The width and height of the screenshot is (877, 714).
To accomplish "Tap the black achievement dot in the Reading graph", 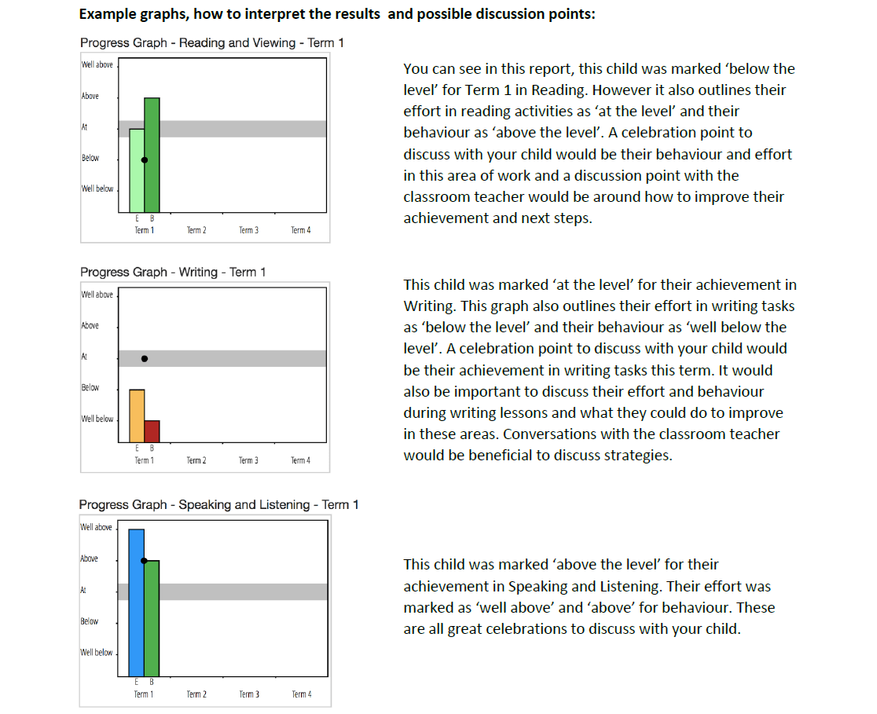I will pos(144,159).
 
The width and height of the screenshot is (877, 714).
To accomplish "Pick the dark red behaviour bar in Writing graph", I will pos(152,430).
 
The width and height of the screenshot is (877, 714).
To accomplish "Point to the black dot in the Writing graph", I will pos(144,359).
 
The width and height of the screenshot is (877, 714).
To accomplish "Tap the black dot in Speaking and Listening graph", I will pos(144,561).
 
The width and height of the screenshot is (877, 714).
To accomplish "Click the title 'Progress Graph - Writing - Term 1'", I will pos(173,272).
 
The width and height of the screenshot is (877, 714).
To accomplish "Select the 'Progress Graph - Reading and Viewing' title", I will pos(211,43).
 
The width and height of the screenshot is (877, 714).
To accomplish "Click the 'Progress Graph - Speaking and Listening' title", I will pos(218,504).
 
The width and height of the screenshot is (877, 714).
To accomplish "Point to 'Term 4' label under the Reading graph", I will pos(300,230).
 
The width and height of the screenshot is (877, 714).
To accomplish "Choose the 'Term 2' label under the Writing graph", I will pos(196,460).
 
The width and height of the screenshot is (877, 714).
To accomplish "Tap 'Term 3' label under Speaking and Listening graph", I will pos(249,694).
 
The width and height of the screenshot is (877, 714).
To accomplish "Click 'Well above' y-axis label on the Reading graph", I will pos(97,64).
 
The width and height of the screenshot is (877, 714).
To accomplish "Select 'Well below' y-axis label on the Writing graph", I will pos(97,419).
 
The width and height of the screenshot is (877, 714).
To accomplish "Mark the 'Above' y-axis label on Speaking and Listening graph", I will pos(90,558).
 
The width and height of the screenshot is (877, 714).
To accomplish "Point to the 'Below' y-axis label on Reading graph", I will pos(90,158).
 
